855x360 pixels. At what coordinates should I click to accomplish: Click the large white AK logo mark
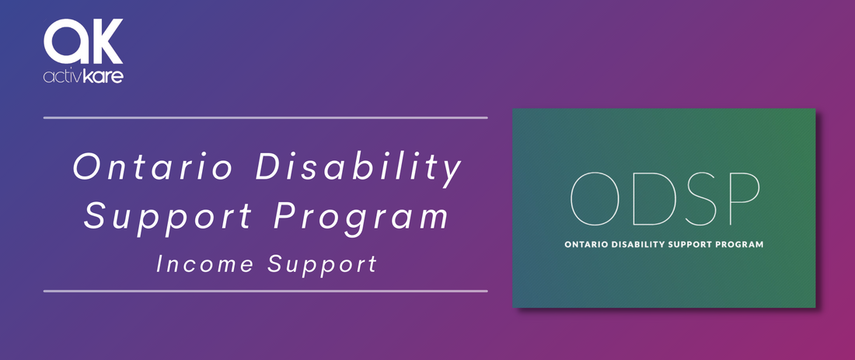[83, 41]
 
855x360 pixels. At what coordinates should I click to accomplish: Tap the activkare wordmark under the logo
[83, 76]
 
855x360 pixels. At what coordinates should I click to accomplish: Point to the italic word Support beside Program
[168, 217]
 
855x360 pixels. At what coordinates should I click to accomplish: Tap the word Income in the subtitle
[205, 264]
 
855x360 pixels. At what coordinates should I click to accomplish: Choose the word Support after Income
[323, 267]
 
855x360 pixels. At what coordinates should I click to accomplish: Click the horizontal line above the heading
[266, 117]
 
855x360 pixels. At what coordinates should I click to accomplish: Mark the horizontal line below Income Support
[266, 291]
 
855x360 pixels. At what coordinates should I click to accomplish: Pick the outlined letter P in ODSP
[744, 198]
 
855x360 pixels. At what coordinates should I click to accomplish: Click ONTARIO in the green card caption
[585, 244]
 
